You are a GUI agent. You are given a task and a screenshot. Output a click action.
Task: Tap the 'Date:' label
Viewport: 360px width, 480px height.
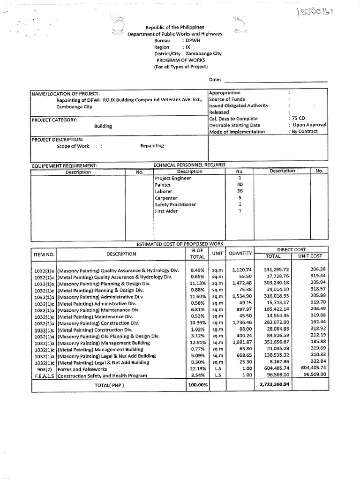(x=215, y=80)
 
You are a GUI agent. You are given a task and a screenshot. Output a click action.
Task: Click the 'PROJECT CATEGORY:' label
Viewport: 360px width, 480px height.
(x=54, y=120)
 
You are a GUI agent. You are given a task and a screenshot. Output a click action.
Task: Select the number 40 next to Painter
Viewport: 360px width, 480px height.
(x=240, y=185)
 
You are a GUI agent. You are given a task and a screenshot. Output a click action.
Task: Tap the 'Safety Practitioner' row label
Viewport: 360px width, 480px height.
(x=175, y=205)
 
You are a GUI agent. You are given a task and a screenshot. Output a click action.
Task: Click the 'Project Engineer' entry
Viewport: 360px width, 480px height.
(x=173, y=179)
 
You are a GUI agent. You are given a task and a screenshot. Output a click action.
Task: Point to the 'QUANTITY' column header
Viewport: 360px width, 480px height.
(x=240, y=254)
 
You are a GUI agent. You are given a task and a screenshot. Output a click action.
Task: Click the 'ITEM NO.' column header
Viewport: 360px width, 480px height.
(x=44, y=254)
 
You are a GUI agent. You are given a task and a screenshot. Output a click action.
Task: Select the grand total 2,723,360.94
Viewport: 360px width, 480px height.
(x=274, y=385)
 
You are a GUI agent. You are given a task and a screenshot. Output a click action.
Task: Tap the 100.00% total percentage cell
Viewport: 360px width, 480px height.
(x=198, y=385)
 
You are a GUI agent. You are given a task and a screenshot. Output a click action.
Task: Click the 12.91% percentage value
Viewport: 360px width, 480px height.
(x=198, y=343)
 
